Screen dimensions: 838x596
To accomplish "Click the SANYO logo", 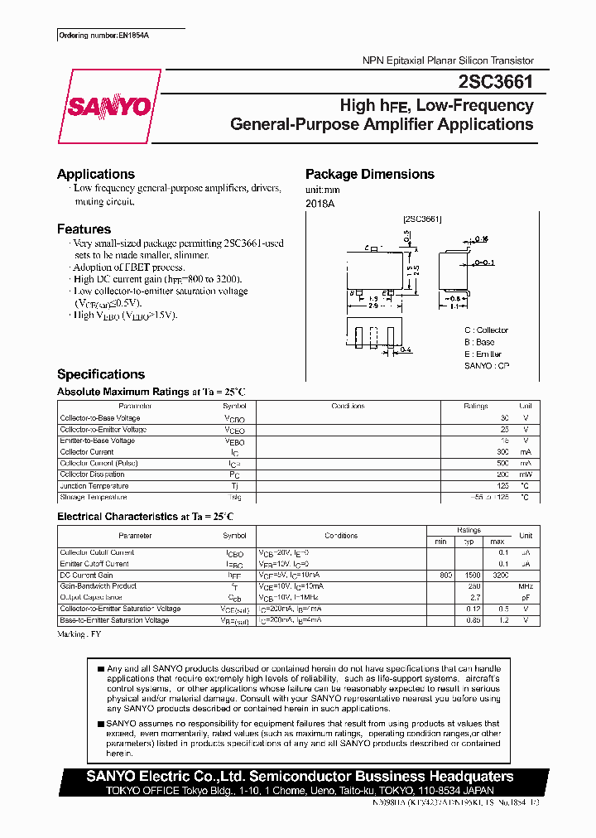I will [x=108, y=107].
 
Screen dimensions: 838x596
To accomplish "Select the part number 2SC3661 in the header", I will [x=495, y=82].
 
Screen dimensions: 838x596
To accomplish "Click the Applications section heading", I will [x=95, y=174].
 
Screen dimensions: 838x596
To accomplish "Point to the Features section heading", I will [x=84, y=229].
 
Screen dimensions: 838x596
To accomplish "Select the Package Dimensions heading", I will [x=369, y=174].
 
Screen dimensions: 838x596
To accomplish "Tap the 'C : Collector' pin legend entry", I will [x=486, y=330].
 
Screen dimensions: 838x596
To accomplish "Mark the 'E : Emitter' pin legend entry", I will [x=483, y=354].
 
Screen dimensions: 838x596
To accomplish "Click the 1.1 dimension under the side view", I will [x=454, y=306].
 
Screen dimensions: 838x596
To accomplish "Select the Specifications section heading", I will [x=100, y=374].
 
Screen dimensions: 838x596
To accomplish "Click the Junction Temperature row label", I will [x=94, y=486].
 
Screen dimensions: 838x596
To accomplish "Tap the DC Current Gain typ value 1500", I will [x=472, y=576].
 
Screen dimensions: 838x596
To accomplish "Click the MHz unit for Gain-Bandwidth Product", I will [x=526, y=586].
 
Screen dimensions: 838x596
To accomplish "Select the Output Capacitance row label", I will [x=91, y=597].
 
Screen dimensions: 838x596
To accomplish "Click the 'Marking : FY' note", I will [x=80, y=634].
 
